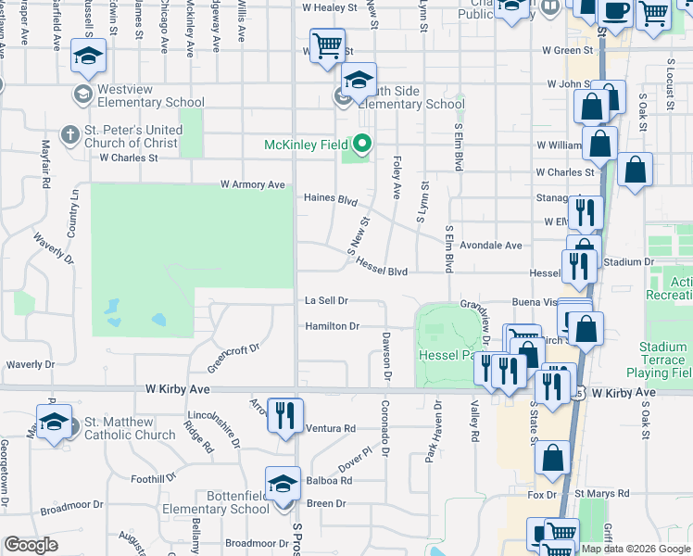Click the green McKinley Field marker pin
[x=362, y=145]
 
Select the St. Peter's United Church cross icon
[x=69, y=135]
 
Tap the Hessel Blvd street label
[x=382, y=271]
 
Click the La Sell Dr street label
[x=326, y=300]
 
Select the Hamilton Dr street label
[x=331, y=326]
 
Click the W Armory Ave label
[x=252, y=184]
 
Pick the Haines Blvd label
[x=331, y=198]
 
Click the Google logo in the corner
[x=31, y=545]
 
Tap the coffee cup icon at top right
[x=613, y=12]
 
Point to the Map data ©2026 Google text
[x=636, y=548]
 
